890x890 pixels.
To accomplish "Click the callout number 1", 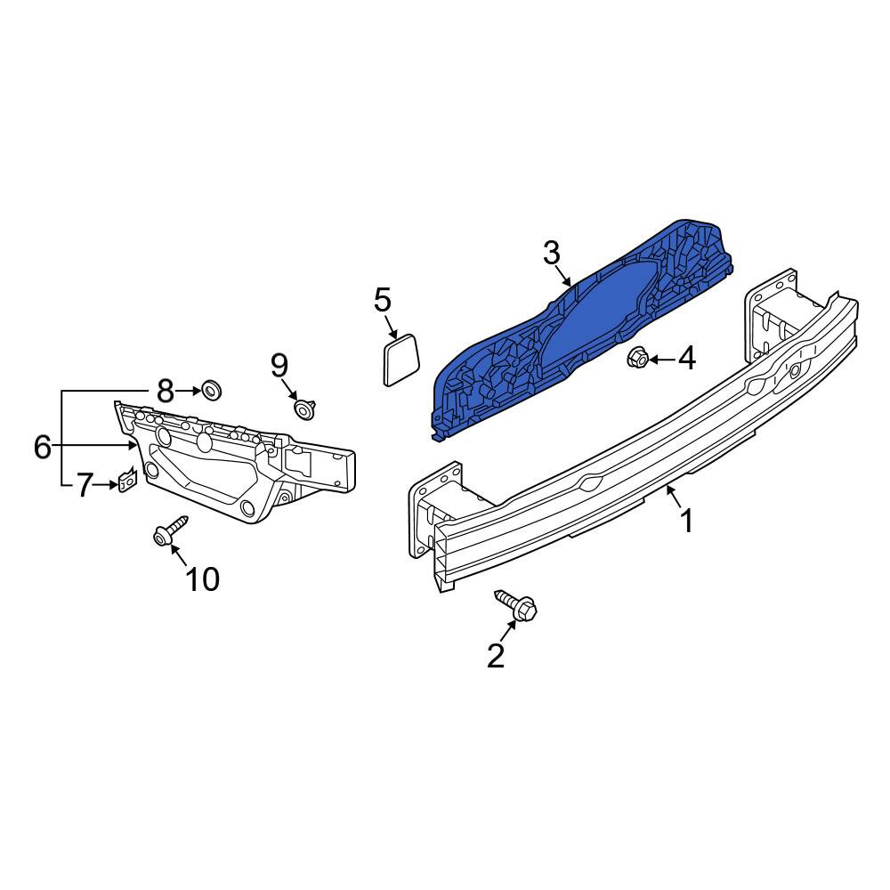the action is pyautogui.click(x=687, y=521).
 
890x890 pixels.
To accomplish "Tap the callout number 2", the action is pyautogui.click(x=496, y=656).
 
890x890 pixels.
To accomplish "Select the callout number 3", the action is pyautogui.click(x=551, y=253).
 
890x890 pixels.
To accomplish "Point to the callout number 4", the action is pyautogui.click(x=687, y=359).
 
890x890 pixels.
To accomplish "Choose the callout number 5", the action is pyautogui.click(x=383, y=300).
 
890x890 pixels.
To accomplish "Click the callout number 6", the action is pyautogui.click(x=43, y=447).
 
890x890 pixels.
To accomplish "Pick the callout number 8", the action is pyautogui.click(x=165, y=391).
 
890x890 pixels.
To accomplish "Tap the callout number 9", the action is pyautogui.click(x=279, y=366).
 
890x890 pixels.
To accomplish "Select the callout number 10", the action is pyautogui.click(x=203, y=579).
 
